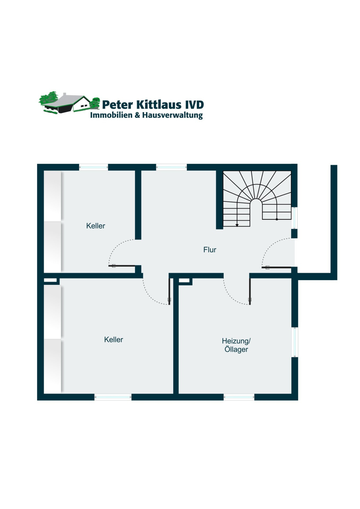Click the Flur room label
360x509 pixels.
coord(210,250)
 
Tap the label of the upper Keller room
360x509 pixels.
coord(96,226)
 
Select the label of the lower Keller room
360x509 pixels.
coord(113,340)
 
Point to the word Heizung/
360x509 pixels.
coord(236,341)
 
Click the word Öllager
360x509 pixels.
coord(236,350)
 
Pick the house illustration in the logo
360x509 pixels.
coord(69,103)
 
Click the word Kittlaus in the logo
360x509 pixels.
coord(159,105)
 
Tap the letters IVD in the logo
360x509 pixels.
coord(194,105)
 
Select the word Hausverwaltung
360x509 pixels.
coord(172,115)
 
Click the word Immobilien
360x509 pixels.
coord(111,115)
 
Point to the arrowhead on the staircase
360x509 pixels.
coord(237,225)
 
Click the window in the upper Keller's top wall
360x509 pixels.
coord(93,167)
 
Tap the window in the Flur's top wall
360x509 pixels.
coord(171,167)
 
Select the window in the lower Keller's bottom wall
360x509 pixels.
coord(113,397)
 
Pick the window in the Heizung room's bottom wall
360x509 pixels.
coord(239,397)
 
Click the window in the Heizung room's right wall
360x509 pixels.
coord(294,342)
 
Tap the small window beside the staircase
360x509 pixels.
coord(294,218)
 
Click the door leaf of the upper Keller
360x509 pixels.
coord(123,266)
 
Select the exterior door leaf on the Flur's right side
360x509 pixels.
coord(276,267)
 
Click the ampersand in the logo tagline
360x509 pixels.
coord(138,115)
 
